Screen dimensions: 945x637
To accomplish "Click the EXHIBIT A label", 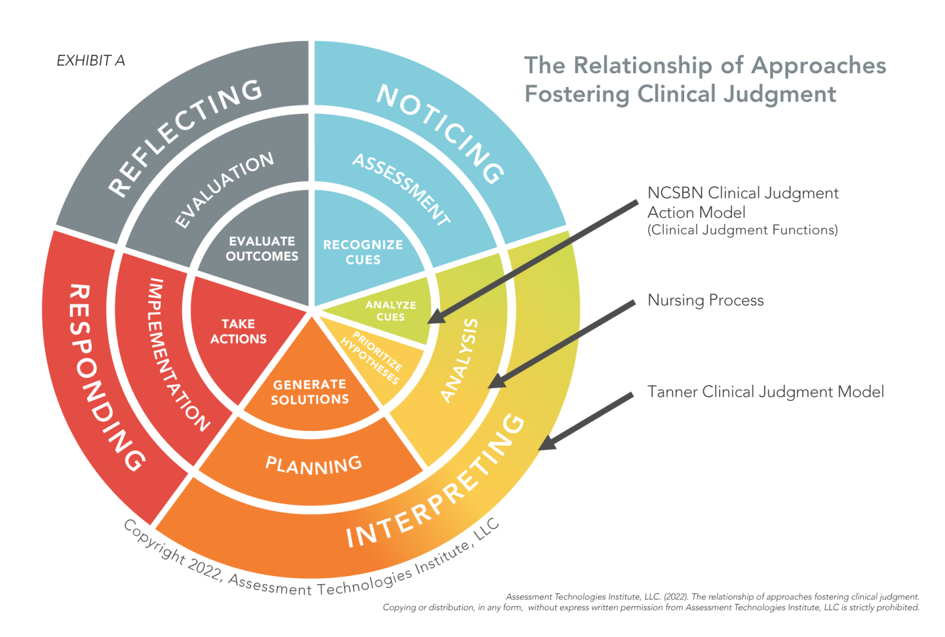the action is point(90,61).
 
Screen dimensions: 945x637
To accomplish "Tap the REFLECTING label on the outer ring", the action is point(185,136).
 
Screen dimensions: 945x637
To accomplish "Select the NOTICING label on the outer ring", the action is point(441,133).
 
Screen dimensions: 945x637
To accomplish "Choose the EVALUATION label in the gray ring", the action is point(224,190).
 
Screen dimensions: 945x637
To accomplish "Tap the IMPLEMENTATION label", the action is point(177,354).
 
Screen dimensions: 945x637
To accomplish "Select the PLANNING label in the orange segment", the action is point(313,465).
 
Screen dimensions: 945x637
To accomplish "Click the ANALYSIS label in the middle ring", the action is point(460,361).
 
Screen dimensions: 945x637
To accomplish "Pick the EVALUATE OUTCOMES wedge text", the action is point(262,249).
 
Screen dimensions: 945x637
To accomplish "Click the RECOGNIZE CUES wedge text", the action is point(363,252).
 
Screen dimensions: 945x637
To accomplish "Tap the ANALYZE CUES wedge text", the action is point(391,311).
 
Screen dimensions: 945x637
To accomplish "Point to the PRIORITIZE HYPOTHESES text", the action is point(371,358).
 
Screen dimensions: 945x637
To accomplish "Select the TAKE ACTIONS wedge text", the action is point(238,331).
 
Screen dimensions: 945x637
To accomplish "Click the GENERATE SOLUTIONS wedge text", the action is point(310,392).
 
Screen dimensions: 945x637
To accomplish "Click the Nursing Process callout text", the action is point(706,300).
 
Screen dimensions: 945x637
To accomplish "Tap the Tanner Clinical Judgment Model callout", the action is point(766,392).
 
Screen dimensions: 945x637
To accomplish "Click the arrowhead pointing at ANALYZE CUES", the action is point(437,316).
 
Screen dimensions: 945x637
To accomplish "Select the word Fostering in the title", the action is point(578,94).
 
